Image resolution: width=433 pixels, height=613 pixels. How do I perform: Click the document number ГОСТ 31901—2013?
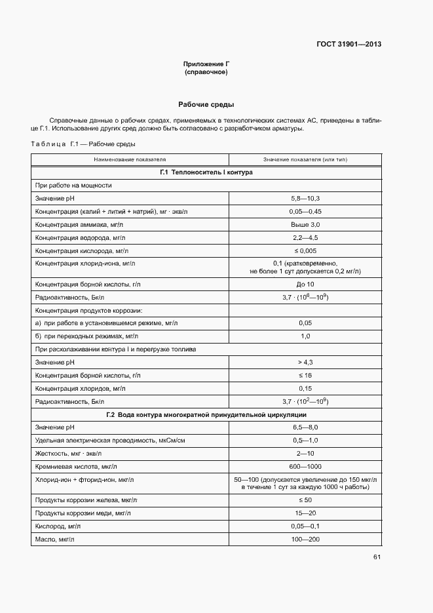349,45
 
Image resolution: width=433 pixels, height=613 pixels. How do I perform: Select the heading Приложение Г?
206,64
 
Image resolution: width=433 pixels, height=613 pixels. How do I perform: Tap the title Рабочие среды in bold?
206,105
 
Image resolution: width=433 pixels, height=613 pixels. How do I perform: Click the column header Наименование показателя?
130,159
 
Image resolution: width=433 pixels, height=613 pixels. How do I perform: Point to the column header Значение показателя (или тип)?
305,159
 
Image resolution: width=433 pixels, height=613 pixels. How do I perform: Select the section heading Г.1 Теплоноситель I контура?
206,172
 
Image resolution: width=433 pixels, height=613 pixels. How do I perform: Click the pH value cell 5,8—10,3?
305,198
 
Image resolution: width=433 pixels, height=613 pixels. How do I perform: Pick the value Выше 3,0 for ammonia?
305,224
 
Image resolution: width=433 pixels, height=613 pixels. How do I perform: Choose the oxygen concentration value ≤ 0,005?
305,250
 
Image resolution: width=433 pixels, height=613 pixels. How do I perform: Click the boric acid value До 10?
305,284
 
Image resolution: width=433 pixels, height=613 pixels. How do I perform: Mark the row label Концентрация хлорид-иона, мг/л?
85,263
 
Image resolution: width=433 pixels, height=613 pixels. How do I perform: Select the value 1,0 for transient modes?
305,336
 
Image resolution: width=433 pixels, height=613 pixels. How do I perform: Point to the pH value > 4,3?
305,363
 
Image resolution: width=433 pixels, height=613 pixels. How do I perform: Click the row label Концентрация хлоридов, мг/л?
80,389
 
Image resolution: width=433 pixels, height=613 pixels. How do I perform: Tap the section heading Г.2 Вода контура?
206,415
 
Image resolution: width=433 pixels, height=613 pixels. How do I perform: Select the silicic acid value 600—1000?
305,467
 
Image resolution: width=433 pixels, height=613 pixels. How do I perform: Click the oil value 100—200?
305,540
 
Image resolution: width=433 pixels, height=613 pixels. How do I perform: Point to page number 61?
377,557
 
